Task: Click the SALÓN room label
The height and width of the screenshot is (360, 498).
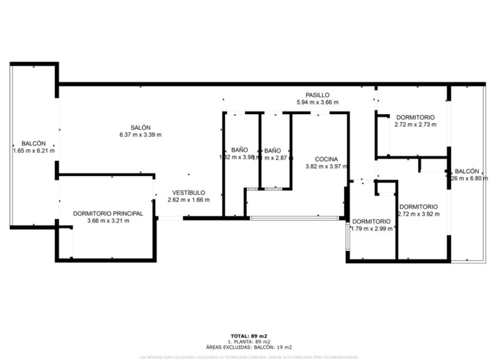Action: [x=141, y=128]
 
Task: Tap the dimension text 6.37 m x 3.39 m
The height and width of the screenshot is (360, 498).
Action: [x=141, y=135]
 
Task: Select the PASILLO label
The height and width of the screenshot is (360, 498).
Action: [x=318, y=95]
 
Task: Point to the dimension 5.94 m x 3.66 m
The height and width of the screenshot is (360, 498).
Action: [x=318, y=102]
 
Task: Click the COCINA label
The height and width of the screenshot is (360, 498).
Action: [x=326, y=159]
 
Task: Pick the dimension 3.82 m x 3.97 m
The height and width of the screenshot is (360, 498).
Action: [x=326, y=167]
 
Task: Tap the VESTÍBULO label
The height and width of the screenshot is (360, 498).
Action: [x=188, y=192]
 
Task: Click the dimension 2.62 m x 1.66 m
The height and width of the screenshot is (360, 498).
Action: [x=188, y=199]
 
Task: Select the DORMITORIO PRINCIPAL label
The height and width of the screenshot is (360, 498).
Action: [x=108, y=213]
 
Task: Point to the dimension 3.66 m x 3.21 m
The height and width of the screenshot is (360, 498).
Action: [x=108, y=220]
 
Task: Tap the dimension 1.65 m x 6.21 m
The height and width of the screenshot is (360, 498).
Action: [x=33, y=151]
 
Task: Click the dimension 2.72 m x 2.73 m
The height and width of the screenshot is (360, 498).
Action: [x=414, y=124]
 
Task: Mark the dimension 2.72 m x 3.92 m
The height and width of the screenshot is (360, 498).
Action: [x=418, y=213]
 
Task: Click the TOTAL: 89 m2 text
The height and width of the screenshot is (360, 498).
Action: [x=249, y=336]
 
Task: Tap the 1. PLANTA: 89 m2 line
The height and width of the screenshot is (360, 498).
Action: [x=249, y=341]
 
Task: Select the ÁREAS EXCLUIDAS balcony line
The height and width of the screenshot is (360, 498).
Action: [x=249, y=347]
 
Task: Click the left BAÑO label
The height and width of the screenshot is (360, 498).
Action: [x=240, y=150]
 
